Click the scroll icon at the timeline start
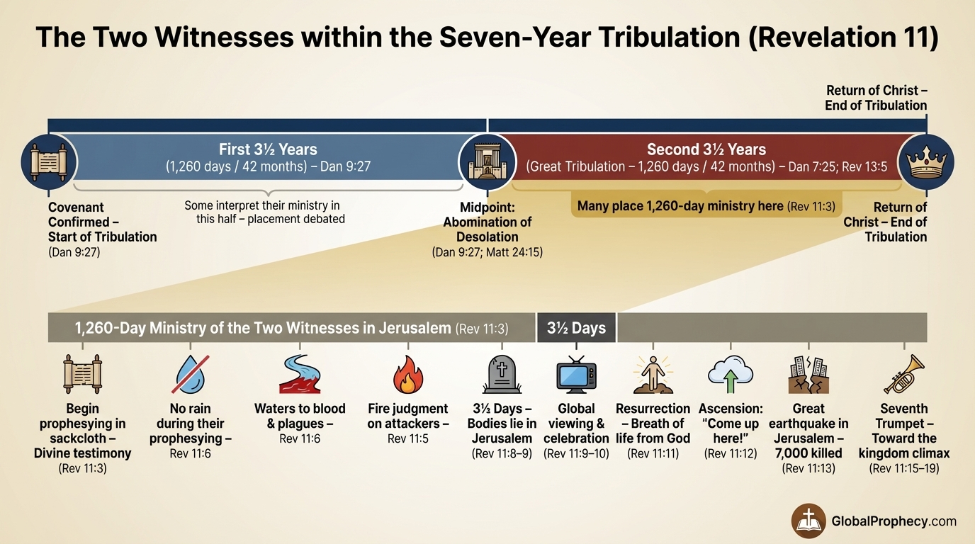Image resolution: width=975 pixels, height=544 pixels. click(x=48, y=161)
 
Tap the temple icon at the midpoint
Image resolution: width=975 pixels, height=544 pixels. click(x=487, y=161)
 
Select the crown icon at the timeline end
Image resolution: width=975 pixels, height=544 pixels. click(x=926, y=161)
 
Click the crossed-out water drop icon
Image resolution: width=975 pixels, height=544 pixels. click(x=190, y=375)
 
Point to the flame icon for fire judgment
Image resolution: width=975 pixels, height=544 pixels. click(x=407, y=375)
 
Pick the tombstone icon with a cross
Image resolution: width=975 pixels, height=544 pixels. click(x=503, y=375)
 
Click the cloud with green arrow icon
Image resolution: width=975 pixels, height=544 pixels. click(x=729, y=374)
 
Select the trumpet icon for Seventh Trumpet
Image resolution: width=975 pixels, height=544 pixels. click(x=904, y=374)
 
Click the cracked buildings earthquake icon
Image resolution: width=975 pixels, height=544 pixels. click(x=808, y=375)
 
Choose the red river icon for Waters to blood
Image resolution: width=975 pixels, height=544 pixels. click(x=300, y=375)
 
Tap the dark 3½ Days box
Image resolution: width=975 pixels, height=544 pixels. click(x=576, y=328)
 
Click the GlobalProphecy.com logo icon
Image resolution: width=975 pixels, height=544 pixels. click(x=808, y=521)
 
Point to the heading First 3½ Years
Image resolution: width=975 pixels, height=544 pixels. click(x=268, y=149)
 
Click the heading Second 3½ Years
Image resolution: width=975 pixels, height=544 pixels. click(x=706, y=149)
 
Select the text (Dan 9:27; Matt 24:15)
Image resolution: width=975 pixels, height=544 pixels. click(x=487, y=251)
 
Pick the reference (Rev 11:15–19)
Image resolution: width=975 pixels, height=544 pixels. click(x=904, y=468)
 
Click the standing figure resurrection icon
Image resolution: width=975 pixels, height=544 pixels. click(x=652, y=374)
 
